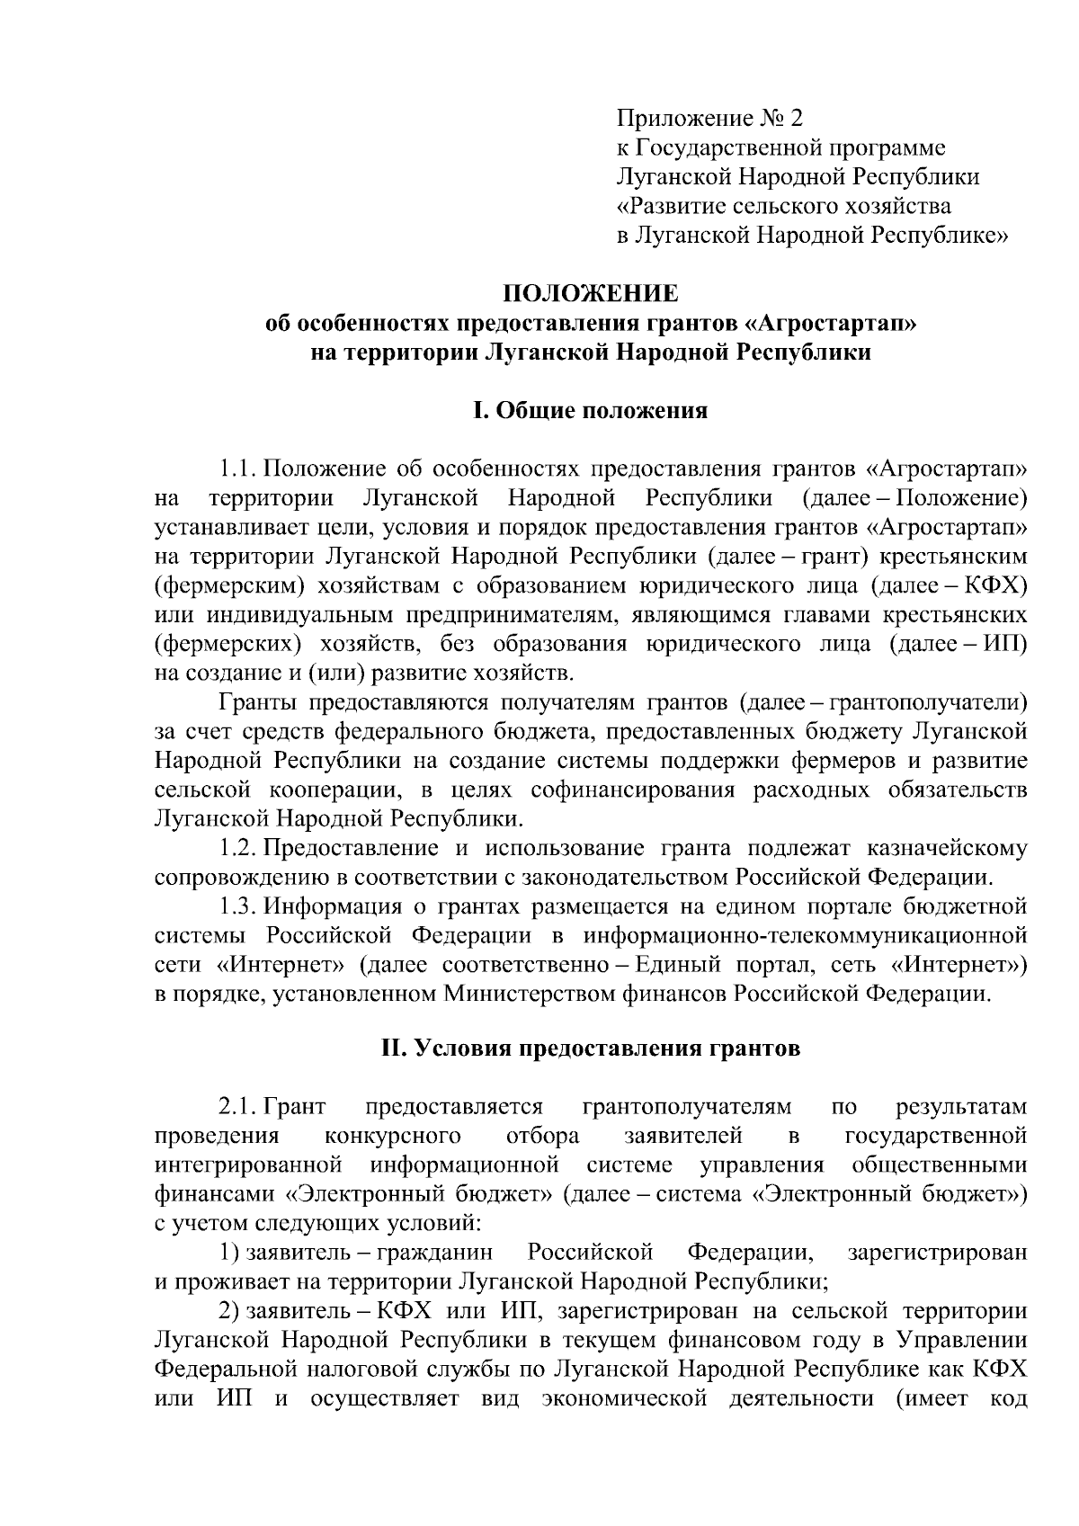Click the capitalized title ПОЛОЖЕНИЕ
pyautogui.click(x=590, y=294)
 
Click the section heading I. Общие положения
pyautogui.click(x=590, y=411)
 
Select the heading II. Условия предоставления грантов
pyautogui.click(x=590, y=1049)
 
